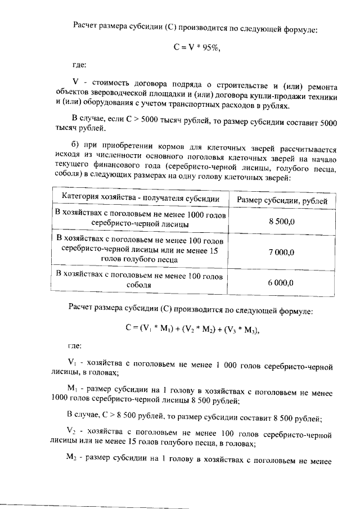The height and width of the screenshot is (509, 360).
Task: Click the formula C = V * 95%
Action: coord(197,48)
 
